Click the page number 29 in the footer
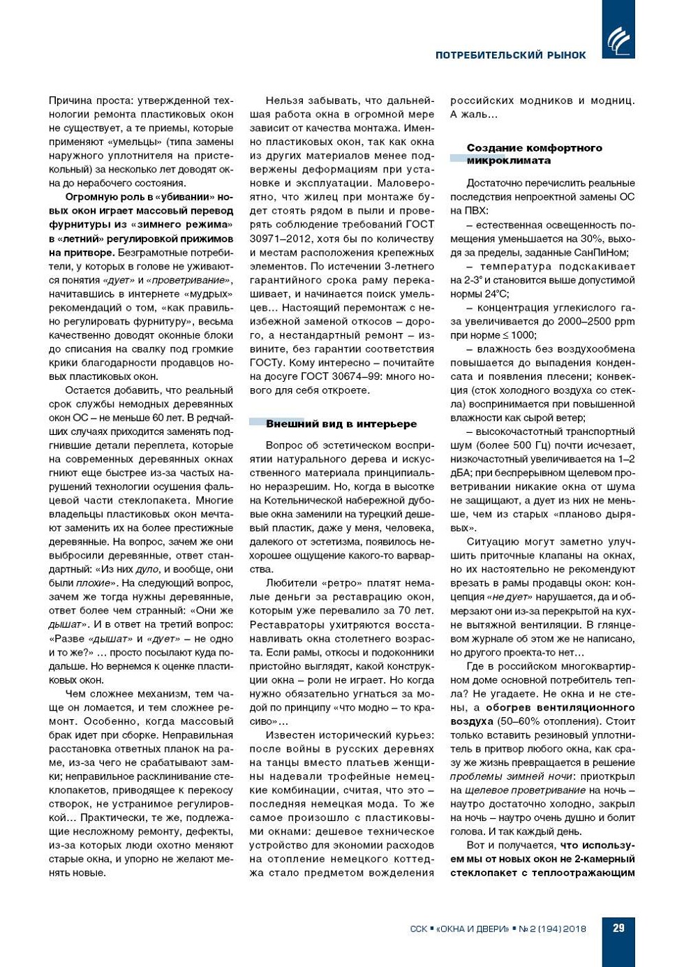(x=618, y=928)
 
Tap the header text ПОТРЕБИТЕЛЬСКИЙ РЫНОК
(x=511, y=55)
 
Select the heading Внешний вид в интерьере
(x=341, y=424)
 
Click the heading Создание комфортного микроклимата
(x=534, y=154)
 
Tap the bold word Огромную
(x=90, y=197)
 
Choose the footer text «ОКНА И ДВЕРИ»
(x=473, y=929)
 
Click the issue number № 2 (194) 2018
(x=553, y=929)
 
